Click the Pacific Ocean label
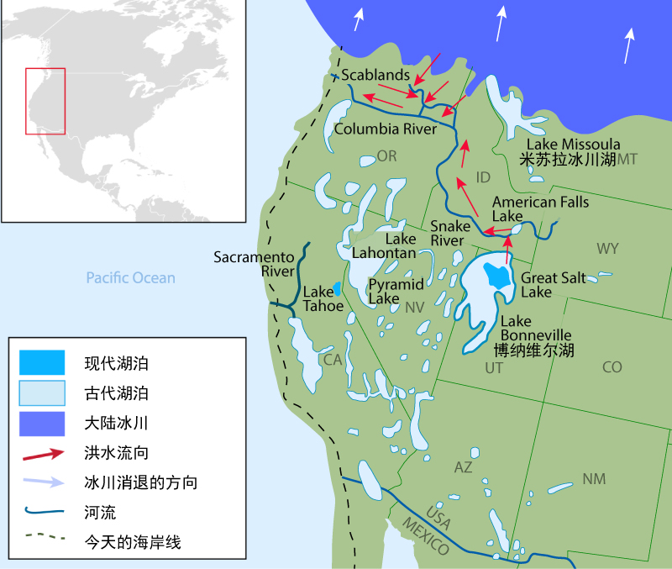click(130, 277)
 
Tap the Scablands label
click(375, 76)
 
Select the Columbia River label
click(386, 129)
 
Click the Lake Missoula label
click(574, 145)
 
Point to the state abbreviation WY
click(607, 249)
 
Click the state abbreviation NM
click(594, 479)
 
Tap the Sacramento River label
click(254, 264)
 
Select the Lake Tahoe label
click(323, 299)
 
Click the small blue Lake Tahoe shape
click(337, 288)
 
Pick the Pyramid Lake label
click(396, 291)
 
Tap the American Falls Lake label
click(540, 208)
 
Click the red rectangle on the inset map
click(45, 100)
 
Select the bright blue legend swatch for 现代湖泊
click(42, 363)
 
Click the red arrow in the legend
click(42, 454)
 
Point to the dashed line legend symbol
click(42, 542)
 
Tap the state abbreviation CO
click(612, 367)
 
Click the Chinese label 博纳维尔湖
click(533, 350)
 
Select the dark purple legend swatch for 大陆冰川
click(42, 423)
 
